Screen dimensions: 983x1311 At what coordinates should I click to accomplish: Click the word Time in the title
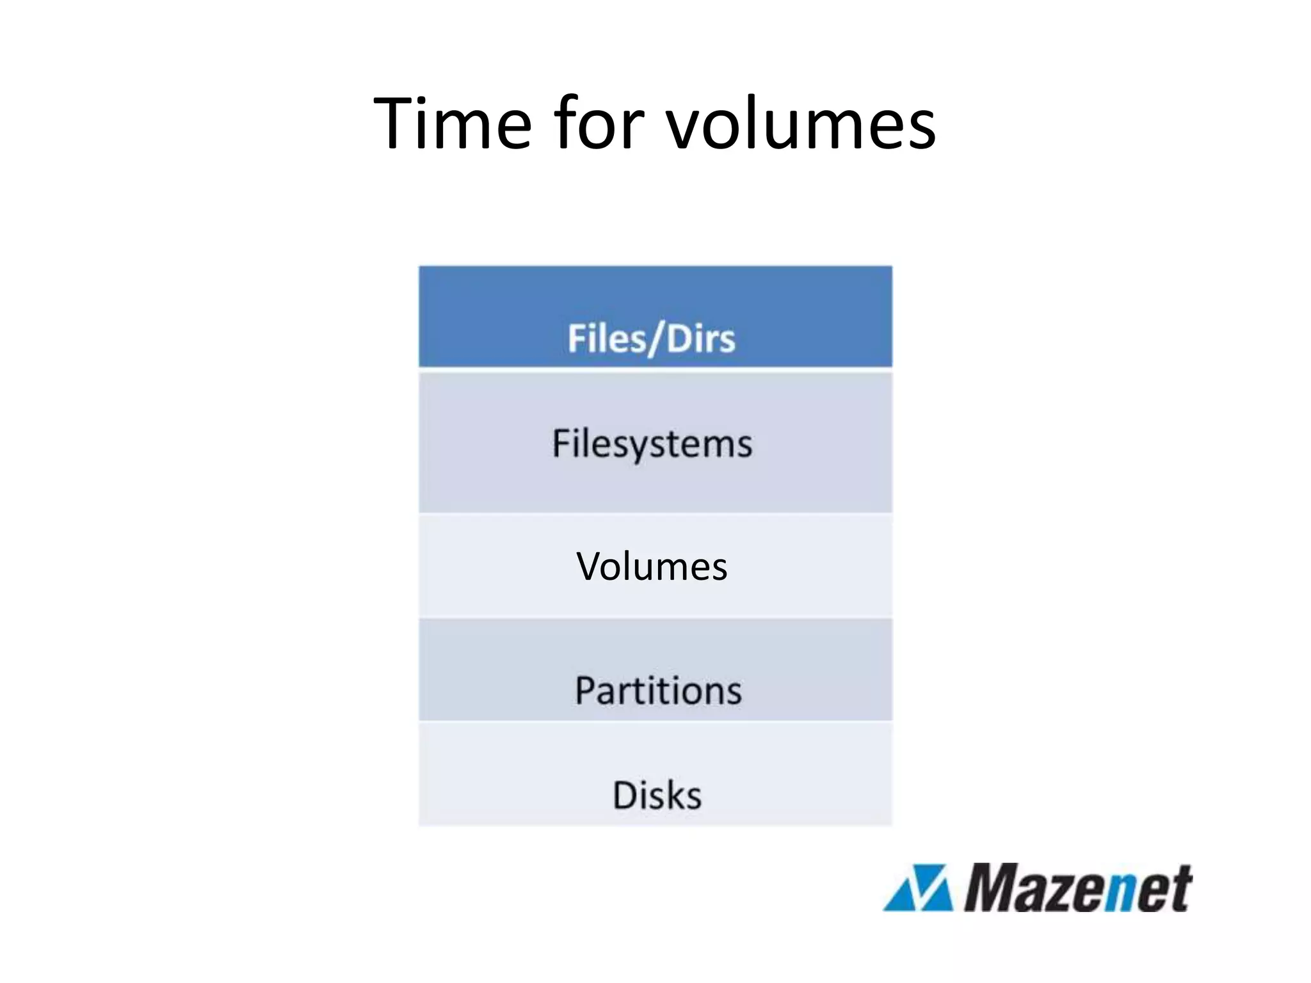click(x=452, y=123)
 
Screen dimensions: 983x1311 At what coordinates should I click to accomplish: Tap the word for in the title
click(x=599, y=123)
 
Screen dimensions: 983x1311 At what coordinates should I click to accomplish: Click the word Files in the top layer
click(x=606, y=339)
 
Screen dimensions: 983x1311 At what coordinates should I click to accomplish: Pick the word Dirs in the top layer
click(x=701, y=339)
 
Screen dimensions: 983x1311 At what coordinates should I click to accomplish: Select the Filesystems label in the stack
click(x=652, y=444)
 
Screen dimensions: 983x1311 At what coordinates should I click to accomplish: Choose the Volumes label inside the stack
click(x=652, y=566)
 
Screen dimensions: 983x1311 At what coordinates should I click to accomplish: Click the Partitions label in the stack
click(x=658, y=691)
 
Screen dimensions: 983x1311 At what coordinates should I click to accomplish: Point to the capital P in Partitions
click(x=586, y=691)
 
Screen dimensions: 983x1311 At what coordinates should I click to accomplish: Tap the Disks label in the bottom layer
click(x=657, y=795)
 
